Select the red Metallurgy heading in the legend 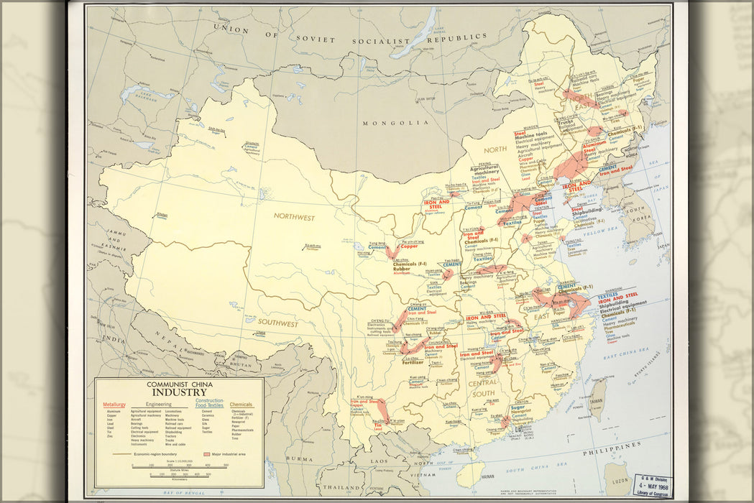pos(114,405)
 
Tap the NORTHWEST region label pos(295,216)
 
